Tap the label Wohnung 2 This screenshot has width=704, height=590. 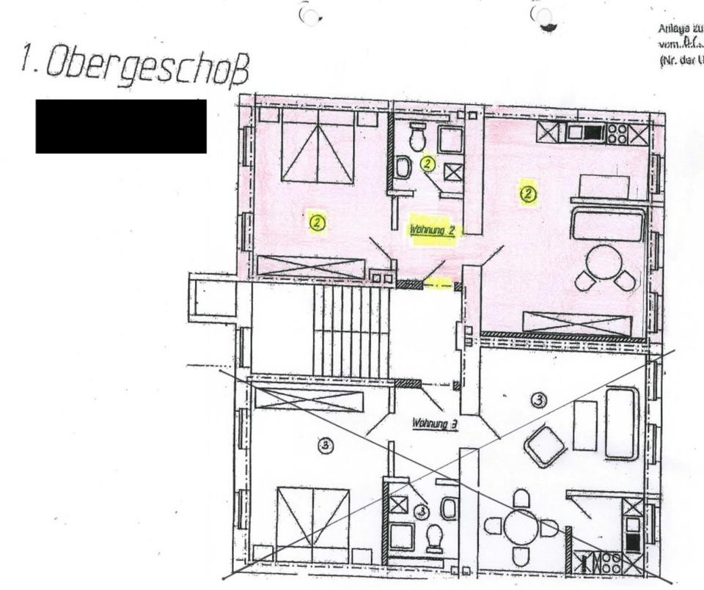coord(433,229)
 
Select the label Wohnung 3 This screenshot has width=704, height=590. coord(435,422)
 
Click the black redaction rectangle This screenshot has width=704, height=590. coord(121,126)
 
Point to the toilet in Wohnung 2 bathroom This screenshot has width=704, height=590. coord(418,136)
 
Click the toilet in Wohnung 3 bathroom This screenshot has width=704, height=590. coord(435,537)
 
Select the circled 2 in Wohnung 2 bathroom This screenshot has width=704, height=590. coord(428,163)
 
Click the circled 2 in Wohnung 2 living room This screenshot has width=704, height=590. coord(528,193)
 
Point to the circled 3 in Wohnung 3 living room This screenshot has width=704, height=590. coord(539,399)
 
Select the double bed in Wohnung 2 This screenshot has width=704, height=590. coord(318,147)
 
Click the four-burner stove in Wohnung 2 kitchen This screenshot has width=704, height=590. coord(617,133)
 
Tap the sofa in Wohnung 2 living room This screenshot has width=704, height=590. coord(608,224)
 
